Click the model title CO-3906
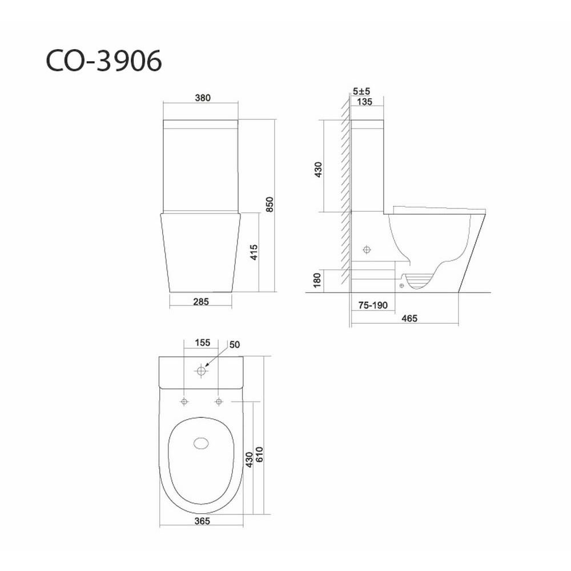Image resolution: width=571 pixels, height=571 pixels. (x=104, y=61)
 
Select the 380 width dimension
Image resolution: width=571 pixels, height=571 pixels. (x=203, y=98)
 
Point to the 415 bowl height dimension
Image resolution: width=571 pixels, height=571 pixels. (x=254, y=252)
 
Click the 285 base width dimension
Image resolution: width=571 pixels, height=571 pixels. (x=201, y=302)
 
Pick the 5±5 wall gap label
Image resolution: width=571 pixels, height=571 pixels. (x=361, y=91)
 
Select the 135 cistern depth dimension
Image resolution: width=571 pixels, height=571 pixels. (x=364, y=102)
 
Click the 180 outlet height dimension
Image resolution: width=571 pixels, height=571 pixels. (x=317, y=280)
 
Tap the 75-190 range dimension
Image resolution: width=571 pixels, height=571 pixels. (x=373, y=305)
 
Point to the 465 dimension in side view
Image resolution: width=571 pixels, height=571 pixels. (x=409, y=319)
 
